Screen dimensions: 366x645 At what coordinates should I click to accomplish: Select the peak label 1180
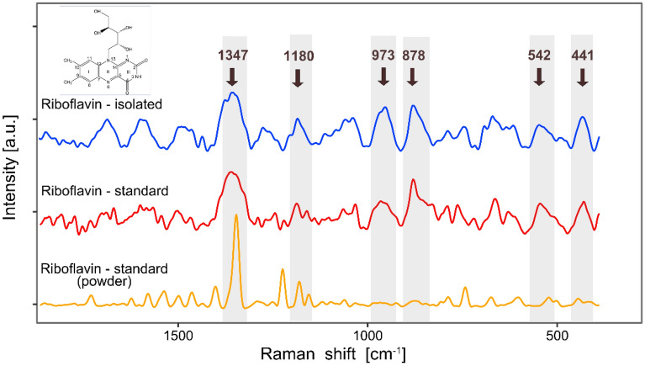coord(298,56)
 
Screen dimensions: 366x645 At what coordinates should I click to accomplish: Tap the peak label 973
coord(383,56)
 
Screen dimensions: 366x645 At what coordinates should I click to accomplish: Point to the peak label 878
coord(412,56)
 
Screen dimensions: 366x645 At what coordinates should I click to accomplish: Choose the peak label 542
coord(539,56)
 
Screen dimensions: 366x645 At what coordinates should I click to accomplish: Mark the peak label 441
coord(583,56)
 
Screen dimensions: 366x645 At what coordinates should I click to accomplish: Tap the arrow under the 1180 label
coord(298,77)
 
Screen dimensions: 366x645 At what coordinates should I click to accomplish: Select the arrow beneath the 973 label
coord(383,77)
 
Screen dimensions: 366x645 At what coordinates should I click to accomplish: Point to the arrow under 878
coord(412,77)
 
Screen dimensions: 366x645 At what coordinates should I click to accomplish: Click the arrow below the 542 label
coord(539,77)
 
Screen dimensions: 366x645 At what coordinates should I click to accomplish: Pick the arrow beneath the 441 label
coord(583,77)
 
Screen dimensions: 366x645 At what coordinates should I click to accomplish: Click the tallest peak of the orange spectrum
coord(236,216)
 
